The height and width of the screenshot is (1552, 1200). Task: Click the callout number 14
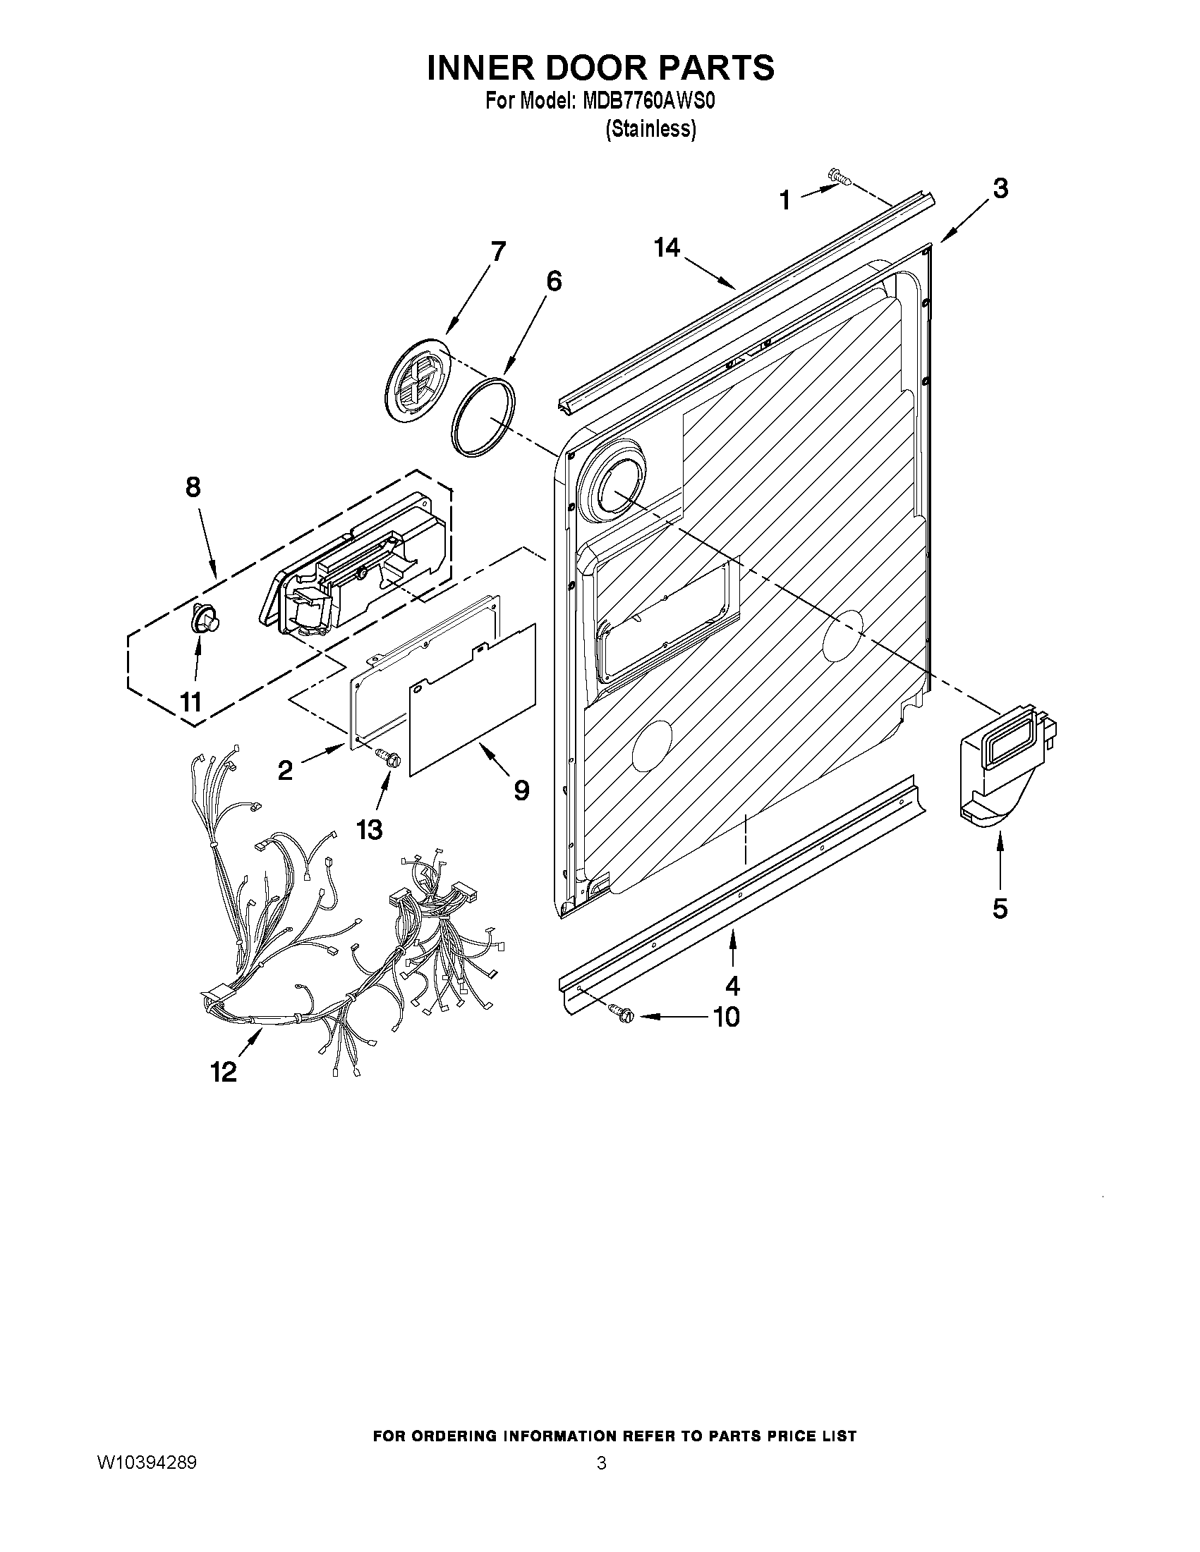(x=667, y=248)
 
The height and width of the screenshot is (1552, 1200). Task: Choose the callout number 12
(x=224, y=1071)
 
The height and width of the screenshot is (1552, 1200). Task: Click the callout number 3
(x=999, y=189)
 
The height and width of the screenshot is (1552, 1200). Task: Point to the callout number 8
(x=193, y=487)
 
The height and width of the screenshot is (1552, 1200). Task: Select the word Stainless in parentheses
(x=650, y=129)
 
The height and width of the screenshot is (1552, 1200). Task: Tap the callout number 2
(x=285, y=769)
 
